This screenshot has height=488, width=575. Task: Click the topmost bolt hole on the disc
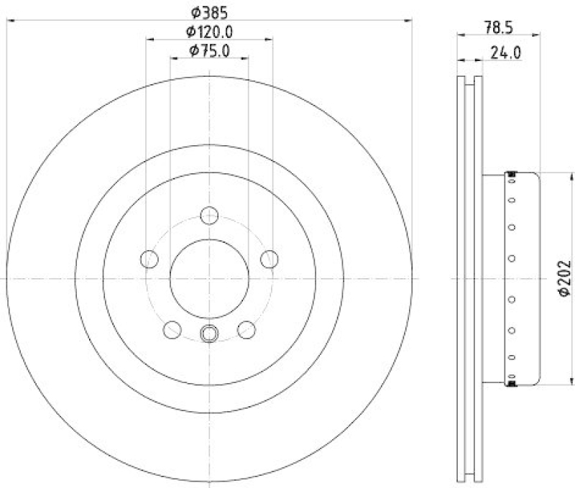(209, 215)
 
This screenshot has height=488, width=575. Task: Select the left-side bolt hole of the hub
(149, 259)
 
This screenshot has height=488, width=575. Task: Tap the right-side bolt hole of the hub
(269, 259)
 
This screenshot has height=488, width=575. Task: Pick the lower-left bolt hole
(172, 329)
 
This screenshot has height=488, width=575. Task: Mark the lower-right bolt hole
(246, 329)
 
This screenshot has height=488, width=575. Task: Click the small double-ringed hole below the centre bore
(209, 333)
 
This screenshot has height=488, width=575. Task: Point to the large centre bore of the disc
(209, 277)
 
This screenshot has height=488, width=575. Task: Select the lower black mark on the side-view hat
(512, 384)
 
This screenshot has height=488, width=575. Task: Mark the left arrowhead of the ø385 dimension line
(9, 21)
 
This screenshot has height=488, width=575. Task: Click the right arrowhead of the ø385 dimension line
(412, 21)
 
